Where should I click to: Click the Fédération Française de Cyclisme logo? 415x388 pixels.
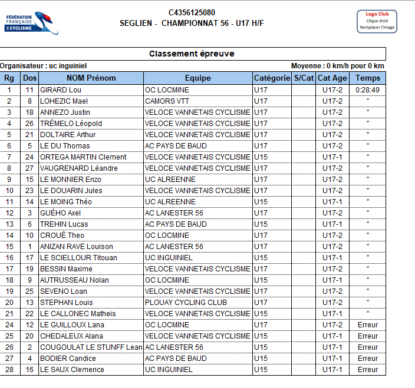[31, 22]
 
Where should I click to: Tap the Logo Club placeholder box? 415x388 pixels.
[377, 21]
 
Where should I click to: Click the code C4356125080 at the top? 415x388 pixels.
[192, 12]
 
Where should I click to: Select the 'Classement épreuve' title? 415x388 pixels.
[192, 54]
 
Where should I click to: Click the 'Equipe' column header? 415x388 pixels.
[197, 78]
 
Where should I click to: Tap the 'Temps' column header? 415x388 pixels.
[368, 78]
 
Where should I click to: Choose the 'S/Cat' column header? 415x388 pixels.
[304, 78]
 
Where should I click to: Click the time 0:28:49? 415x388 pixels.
[368, 90]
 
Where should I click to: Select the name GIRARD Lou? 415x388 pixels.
[61, 90]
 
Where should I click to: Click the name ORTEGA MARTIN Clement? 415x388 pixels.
[83, 157]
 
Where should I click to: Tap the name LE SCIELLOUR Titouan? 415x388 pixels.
[78, 258]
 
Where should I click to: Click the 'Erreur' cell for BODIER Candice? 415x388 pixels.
[368, 359]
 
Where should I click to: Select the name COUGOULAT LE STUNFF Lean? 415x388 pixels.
[91, 347]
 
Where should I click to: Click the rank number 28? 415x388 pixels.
[9, 370]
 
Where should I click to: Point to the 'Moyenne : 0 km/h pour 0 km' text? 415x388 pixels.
[337, 66]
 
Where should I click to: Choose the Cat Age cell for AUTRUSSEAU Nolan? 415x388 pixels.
[332, 280]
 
